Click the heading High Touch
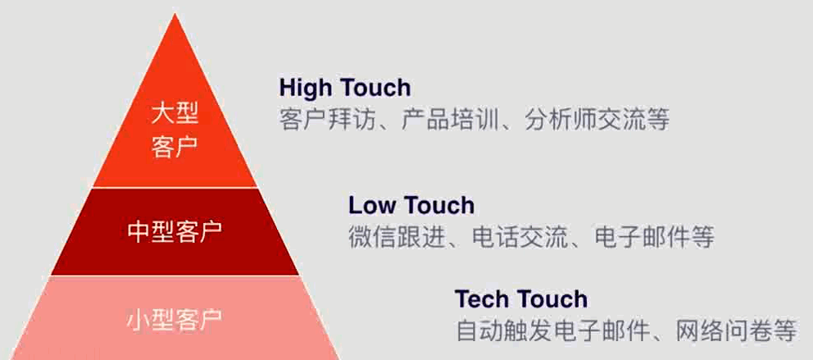click(x=344, y=87)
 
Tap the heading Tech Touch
click(x=521, y=298)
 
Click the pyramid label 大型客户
click(x=175, y=130)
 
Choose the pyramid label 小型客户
click(x=175, y=318)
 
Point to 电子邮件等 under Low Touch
click(x=653, y=238)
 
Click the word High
click(x=304, y=87)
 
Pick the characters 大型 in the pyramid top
click(x=175, y=113)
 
